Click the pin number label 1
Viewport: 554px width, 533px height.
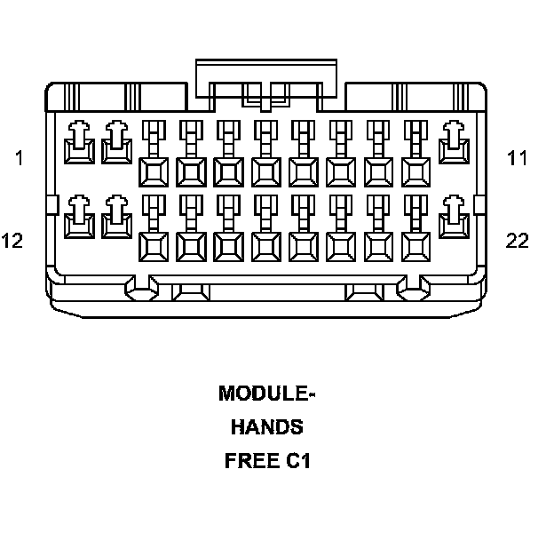[19, 158]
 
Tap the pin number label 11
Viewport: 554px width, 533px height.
[518, 158]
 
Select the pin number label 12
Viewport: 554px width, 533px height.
[12, 241]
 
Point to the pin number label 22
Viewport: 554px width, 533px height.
[518, 241]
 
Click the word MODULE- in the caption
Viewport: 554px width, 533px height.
[266, 393]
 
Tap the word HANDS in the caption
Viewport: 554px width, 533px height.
[266, 427]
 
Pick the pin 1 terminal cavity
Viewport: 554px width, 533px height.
[80, 145]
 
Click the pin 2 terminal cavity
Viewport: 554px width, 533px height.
[115, 145]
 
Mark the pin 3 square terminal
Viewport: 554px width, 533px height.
[153, 169]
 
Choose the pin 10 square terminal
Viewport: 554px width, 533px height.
[415, 169]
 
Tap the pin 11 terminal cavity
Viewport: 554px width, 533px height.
[455, 145]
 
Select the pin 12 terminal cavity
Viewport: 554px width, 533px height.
[80, 219]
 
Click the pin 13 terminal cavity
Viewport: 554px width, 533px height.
[115, 219]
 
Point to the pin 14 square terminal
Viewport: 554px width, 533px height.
[153, 244]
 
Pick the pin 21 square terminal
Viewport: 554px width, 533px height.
[415, 244]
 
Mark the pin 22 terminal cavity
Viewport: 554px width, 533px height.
[455, 219]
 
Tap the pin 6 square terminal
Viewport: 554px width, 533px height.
[265, 169]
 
